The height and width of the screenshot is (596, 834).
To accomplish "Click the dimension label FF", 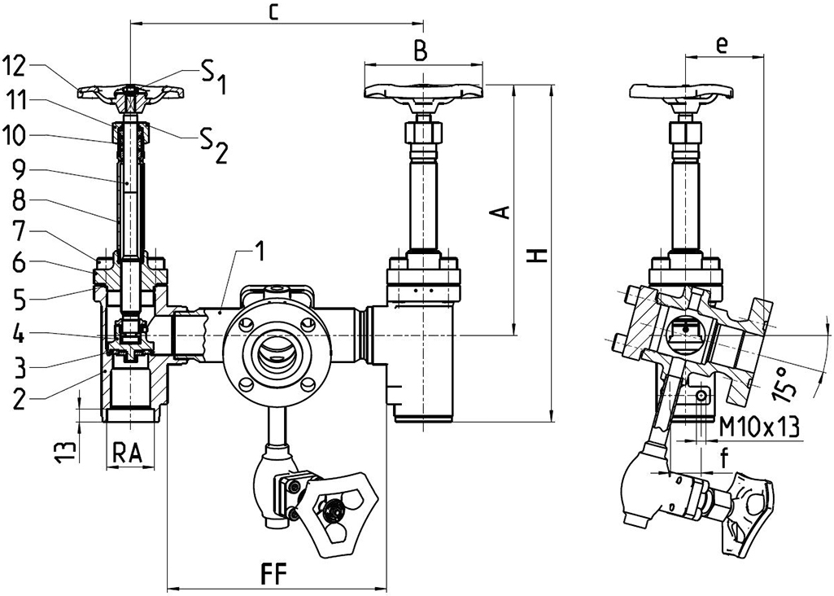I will (274, 571).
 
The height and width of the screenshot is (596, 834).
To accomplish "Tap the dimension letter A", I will (502, 212).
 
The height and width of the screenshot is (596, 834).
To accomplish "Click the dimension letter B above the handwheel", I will (420, 50).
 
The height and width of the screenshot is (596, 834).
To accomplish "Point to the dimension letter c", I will (275, 11).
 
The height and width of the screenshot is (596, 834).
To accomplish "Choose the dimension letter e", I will (721, 46).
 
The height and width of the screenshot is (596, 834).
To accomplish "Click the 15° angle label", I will (784, 381).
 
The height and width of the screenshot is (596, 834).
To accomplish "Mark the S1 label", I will (213, 77).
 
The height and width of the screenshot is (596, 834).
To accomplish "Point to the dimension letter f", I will (723, 459).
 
